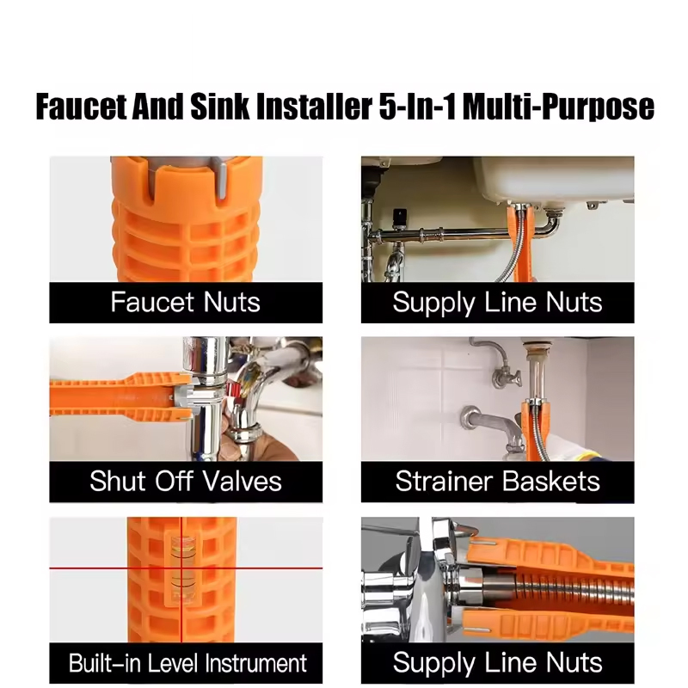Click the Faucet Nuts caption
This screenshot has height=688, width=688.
(185, 303)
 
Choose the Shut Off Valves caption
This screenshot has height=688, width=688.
(185, 481)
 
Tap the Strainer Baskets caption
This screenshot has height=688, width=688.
(497, 481)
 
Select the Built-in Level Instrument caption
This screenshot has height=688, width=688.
(187, 663)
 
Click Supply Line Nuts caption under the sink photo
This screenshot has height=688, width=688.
(497, 303)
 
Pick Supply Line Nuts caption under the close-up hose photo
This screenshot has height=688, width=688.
(497, 663)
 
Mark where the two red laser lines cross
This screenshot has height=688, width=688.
(181, 569)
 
